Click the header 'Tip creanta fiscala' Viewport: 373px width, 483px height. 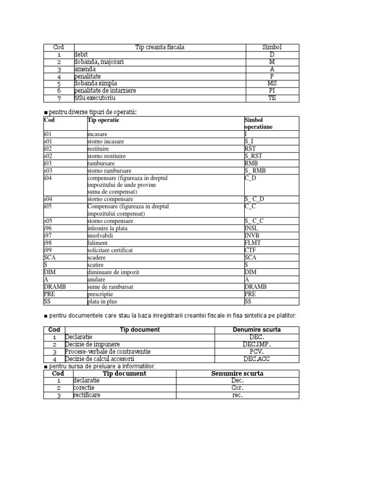(160, 48)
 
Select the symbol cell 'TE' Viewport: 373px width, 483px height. (272, 98)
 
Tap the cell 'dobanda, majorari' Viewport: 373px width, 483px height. (99, 62)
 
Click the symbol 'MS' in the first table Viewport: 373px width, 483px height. (272, 84)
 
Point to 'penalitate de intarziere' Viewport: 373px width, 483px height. (105, 91)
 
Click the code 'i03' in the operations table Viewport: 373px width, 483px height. (48, 163)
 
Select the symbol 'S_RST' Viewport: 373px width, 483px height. (253, 156)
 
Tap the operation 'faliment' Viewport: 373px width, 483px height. (98, 242)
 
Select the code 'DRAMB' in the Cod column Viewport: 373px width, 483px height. (54, 287)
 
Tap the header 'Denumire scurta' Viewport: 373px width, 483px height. (256, 330)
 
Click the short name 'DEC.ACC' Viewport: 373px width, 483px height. (256, 359)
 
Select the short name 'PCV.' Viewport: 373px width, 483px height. (256, 351)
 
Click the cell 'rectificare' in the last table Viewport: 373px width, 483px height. (87, 395)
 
